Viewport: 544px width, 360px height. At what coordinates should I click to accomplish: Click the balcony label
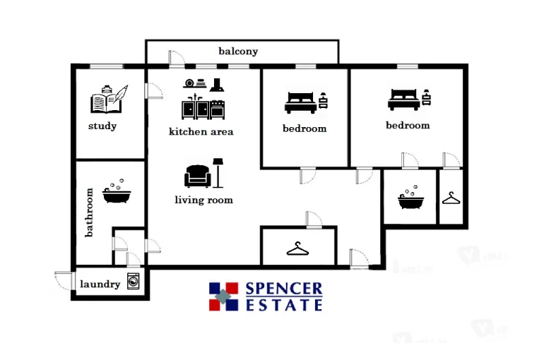click(238, 52)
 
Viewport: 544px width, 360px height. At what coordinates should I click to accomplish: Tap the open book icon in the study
click(108, 100)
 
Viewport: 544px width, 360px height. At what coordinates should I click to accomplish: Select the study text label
click(102, 126)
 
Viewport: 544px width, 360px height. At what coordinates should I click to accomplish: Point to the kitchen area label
click(201, 131)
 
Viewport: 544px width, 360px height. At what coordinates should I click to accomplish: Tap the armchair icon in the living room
click(197, 176)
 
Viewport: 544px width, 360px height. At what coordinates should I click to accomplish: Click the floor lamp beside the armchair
click(218, 172)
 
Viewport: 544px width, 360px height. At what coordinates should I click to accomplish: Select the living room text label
click(203, 200)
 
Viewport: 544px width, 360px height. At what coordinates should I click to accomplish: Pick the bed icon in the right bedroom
click(403, 100)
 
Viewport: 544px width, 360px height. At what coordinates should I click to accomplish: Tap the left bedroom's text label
click(304, 128)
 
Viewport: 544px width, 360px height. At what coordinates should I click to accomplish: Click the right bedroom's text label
click(408, 125)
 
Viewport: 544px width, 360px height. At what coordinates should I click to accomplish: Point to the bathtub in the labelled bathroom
click(116, 192)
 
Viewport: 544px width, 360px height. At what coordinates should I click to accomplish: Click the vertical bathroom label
click(90, 212)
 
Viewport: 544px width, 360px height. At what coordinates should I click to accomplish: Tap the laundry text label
click(100, 284)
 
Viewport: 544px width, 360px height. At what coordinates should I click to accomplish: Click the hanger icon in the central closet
click(298, 248)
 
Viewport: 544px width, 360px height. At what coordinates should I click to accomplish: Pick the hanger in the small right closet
click(451, 198)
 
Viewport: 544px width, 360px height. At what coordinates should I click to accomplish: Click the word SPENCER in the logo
click(284, 289)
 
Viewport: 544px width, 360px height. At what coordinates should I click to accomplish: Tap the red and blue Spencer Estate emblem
click(224, 296)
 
